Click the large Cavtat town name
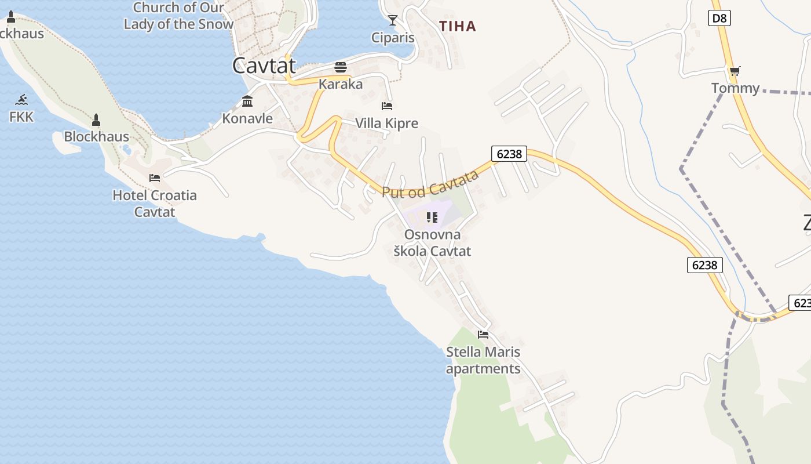tap(264, 66)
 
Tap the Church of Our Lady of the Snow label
tap(178, 16)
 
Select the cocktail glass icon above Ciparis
tap(393, 21)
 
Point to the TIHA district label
tap(458, 26)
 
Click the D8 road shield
tap(719, 18)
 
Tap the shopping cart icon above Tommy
tap(735, 71)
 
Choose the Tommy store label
tap(735, 88)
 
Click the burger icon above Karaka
tap(341, 67)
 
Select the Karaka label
tap(341, 84)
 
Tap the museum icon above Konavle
tap(247, 101)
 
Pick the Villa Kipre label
tap(386, 123)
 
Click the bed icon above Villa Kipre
tap(387, 106)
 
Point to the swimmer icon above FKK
tap(21, 100)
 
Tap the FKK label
tap(21, 117)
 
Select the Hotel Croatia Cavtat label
tap(155, 203)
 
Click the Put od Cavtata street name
tap(430, 184)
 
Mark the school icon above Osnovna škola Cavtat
tap(432, 217)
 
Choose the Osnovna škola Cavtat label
tap(432, 243)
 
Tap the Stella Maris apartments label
tap(483, 360)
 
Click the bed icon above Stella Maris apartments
tap(483, 335)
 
